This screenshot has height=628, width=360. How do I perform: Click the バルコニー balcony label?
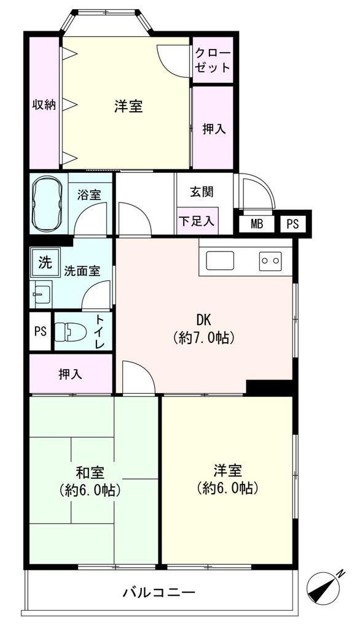158,592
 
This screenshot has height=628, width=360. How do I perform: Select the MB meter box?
257,224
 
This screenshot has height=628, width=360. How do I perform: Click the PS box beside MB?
293,224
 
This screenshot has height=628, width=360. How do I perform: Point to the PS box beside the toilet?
41,331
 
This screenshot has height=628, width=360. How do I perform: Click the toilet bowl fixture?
68,331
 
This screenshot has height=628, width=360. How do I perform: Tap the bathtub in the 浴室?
47,203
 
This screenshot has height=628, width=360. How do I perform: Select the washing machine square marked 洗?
45,262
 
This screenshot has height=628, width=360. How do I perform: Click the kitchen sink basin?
220,261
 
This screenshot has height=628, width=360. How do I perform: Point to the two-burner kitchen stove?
270,261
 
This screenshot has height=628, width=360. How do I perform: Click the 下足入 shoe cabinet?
197,221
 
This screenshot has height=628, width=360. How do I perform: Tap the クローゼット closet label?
213,60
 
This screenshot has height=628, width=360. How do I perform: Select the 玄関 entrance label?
202,191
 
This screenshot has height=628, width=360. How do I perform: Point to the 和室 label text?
90,473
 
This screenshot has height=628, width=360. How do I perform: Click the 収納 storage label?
44,105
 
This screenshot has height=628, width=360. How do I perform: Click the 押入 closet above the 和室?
71,373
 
